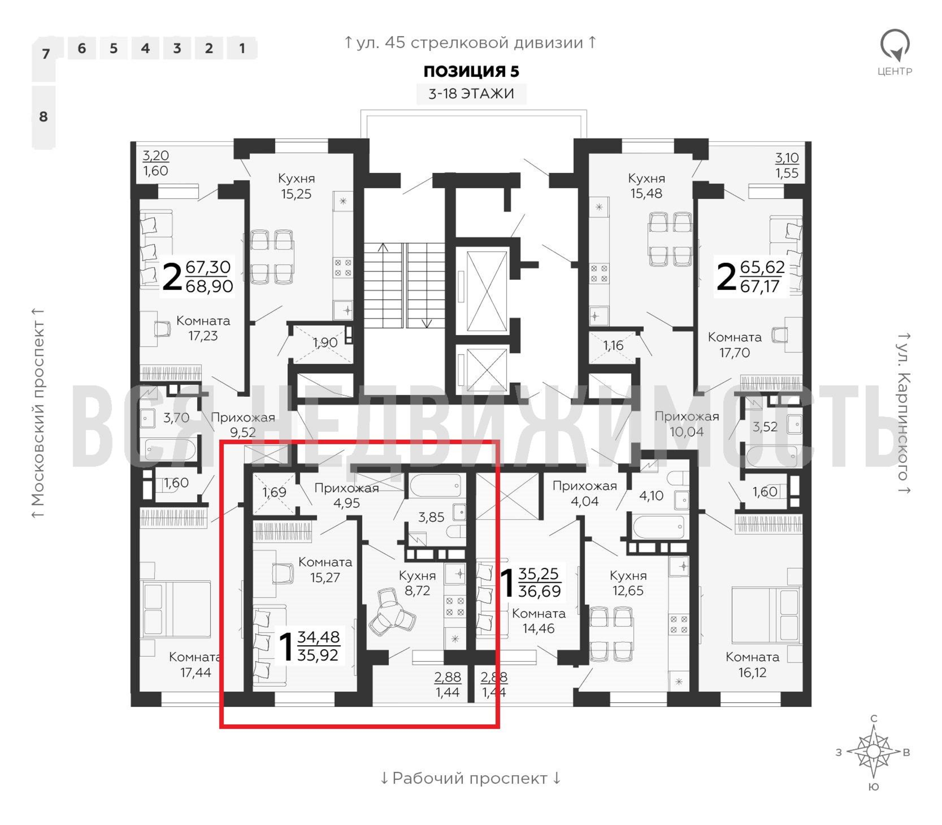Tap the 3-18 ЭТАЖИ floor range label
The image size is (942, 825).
click(x=471, y=94)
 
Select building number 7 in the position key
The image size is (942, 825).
click(x=45, y=54)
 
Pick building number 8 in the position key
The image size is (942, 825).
click(x=44, y=116)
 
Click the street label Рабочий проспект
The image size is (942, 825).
click(x=470, y=778)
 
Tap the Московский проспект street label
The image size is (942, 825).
click(x=38, y=413)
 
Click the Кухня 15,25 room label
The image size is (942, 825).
click(x=297, y=186)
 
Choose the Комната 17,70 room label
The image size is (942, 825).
click(x=735, y=345)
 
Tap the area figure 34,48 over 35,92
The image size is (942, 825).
click(x=318, y=646)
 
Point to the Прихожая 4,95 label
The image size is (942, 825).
click(x=346, y=495)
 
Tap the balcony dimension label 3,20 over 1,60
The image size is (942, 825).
click(x=155, y=163)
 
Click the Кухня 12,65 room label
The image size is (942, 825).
click(x=628, y=582)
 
